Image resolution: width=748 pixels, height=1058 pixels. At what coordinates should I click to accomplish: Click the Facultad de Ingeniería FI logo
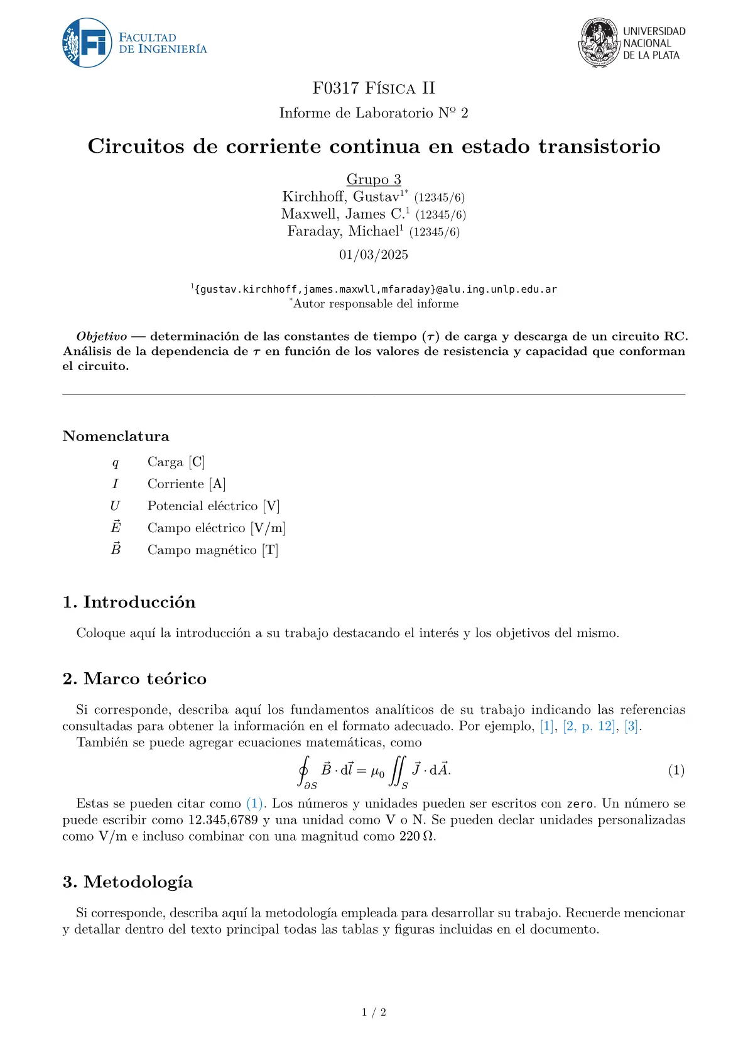(x=87, y=43)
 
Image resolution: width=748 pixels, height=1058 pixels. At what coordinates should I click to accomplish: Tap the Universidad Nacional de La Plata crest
(x=599, y=42)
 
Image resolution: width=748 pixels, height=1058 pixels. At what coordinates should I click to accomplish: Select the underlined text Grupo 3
(x=374, y=180)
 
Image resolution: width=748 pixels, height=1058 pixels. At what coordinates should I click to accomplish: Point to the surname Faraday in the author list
(x=315, y=231)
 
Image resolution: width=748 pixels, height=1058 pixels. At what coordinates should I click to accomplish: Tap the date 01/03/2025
(x=374, y=254)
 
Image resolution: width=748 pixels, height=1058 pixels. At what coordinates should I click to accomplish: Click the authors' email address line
(x=376, y=290)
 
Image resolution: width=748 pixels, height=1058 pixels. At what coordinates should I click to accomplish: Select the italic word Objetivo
(x=101, y=337)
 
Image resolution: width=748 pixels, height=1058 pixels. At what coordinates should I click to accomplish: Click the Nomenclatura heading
(x=116, y=436)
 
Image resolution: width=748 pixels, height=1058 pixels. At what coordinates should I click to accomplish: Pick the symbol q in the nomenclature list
(x=115, y=463)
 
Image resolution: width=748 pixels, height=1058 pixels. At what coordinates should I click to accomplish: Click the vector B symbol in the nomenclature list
(x=116, y=549)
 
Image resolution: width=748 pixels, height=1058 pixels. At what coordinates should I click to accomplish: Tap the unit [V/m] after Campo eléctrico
(x=268, y=528)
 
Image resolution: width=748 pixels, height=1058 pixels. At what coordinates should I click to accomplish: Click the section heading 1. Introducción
(x=129, y=602)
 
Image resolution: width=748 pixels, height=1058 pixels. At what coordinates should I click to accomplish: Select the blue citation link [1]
(x=547, y=726)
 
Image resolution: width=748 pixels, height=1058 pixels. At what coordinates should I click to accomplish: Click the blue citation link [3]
(x=631, y=726)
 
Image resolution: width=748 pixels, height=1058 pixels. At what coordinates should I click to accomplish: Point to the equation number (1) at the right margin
(x=676, y=770)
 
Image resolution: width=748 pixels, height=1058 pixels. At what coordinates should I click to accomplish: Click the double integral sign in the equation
(x=397, y=771)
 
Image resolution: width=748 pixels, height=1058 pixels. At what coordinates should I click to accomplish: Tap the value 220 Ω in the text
(x=416, y=836)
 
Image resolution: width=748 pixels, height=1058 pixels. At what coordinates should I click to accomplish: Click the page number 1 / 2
(x=374, y=1012)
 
